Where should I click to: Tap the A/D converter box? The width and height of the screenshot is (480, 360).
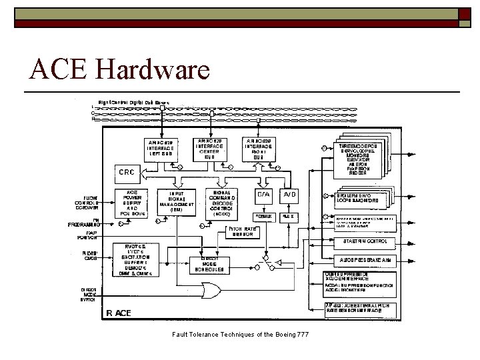pyautogui.click(x=290, y=194)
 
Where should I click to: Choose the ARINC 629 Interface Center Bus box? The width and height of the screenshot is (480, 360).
pyautogui.click(x=211, y=147)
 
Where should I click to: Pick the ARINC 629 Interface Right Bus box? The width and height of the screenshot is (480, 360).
pyautogui.click(x=259, y=149)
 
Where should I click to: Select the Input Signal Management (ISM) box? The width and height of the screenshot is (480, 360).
pyautogui.click(x=177, y=201)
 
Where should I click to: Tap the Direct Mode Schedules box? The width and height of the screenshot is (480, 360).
pyautogui.click(x=210, y=265)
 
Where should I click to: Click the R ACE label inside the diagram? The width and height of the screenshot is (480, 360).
pyautogui.click(x=121, y=313)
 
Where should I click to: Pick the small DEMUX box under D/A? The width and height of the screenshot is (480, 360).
pyautogui.click(x=265, y=217)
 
